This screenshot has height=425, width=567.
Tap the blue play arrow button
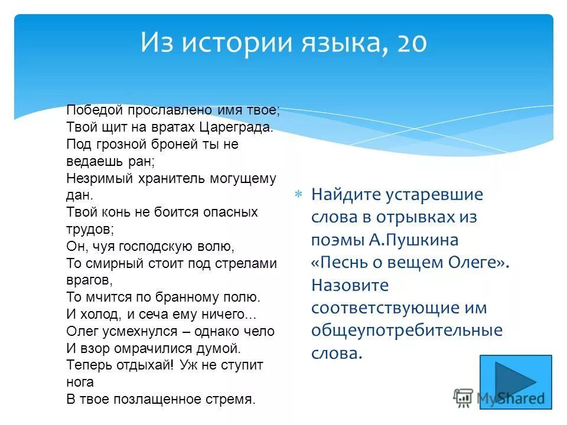tap(515, 381)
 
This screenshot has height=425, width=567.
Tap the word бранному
tap(194, 296)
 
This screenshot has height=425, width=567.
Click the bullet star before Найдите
tap(299, 194)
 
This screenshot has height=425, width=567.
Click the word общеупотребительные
tap(407, 331)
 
